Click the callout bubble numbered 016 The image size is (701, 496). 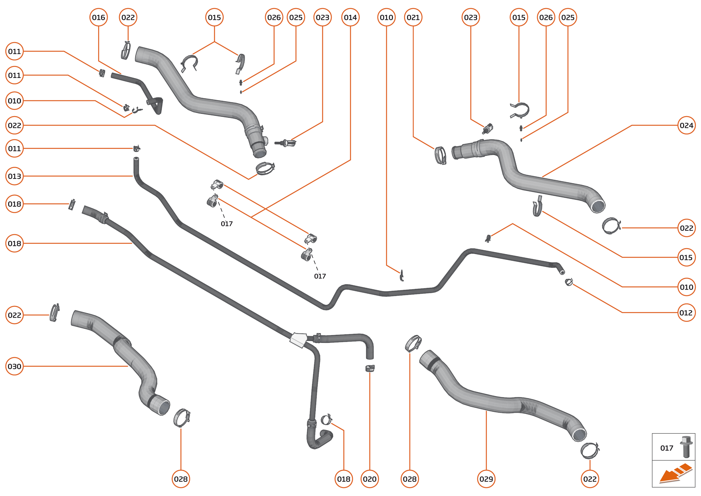98,17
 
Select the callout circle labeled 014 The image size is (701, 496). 350,17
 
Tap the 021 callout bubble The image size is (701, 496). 413,17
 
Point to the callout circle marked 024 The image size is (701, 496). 686,125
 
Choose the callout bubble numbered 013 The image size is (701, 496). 14,176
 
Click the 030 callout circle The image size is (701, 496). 14,366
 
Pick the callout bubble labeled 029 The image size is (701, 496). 486,479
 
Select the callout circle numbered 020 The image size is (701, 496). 370,479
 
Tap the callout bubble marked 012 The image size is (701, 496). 686,313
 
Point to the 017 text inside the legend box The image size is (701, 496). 667,448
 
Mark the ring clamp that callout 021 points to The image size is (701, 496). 440,155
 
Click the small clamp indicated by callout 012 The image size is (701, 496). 568,282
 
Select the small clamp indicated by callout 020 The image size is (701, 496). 370,368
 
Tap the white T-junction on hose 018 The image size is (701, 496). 298,340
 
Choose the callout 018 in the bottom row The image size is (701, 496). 343,479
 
